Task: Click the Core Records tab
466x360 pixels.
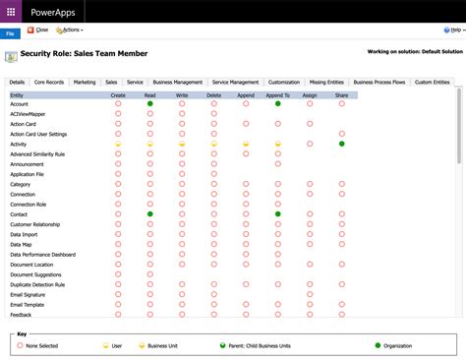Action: click(49, 83)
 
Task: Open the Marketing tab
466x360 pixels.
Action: click(85, 83)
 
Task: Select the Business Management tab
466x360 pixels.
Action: click(178, 83)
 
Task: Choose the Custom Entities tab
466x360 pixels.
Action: click(432, 83)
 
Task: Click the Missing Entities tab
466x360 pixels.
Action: click(325, 83)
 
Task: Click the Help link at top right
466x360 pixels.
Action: click(453, 30)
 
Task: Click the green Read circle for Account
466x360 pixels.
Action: click(150, 103)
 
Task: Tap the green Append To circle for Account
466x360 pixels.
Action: click(278, 103)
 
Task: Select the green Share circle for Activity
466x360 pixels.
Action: click(341, 144)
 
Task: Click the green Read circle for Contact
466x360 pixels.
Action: click(150, 213)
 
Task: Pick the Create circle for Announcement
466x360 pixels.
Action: click(118, 163)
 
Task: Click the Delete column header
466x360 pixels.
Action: click(214, 94)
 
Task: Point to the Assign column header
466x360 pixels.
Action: click(310, 94)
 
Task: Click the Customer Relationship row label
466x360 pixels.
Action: click(36, 224)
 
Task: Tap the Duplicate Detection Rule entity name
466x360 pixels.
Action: click(37, 284)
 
